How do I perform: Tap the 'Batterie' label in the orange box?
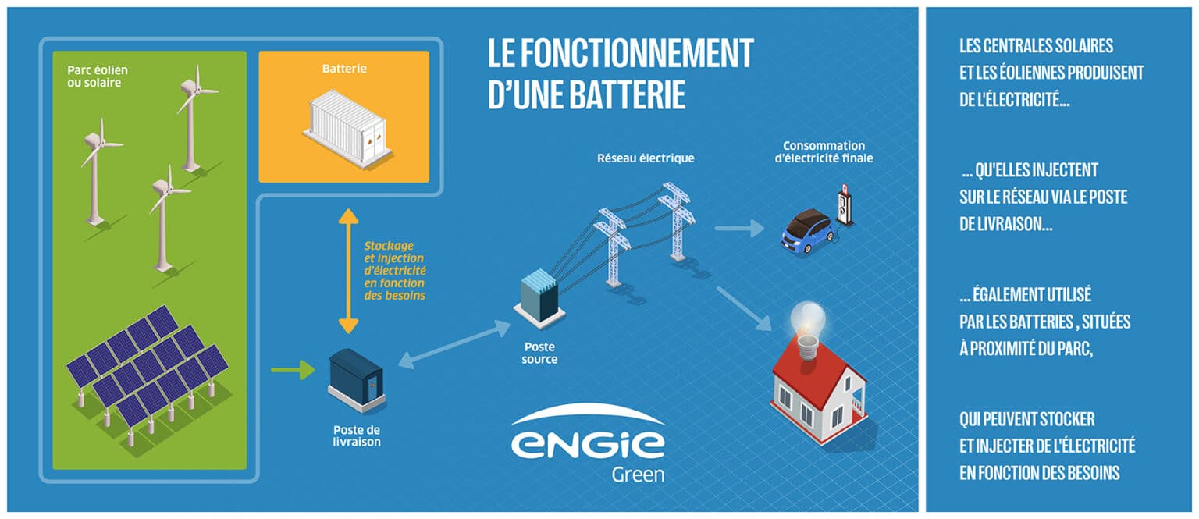click(344, 69)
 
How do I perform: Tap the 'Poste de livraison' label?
click(357, 435)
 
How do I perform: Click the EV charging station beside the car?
click(843, 204)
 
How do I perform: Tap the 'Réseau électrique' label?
click(646, 158)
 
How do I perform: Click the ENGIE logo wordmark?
click(588, 441)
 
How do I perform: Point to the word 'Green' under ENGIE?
click(638, 475)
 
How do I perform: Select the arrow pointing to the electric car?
click(739, 228)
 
